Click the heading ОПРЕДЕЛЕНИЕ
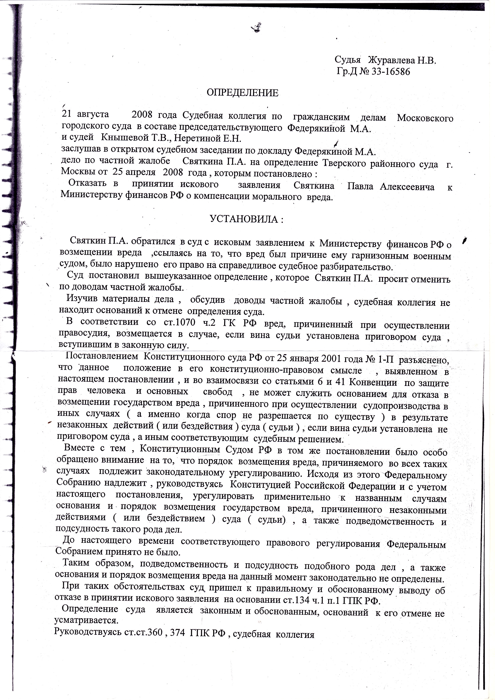tap(243, 93)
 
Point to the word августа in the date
tap(93, 114)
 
